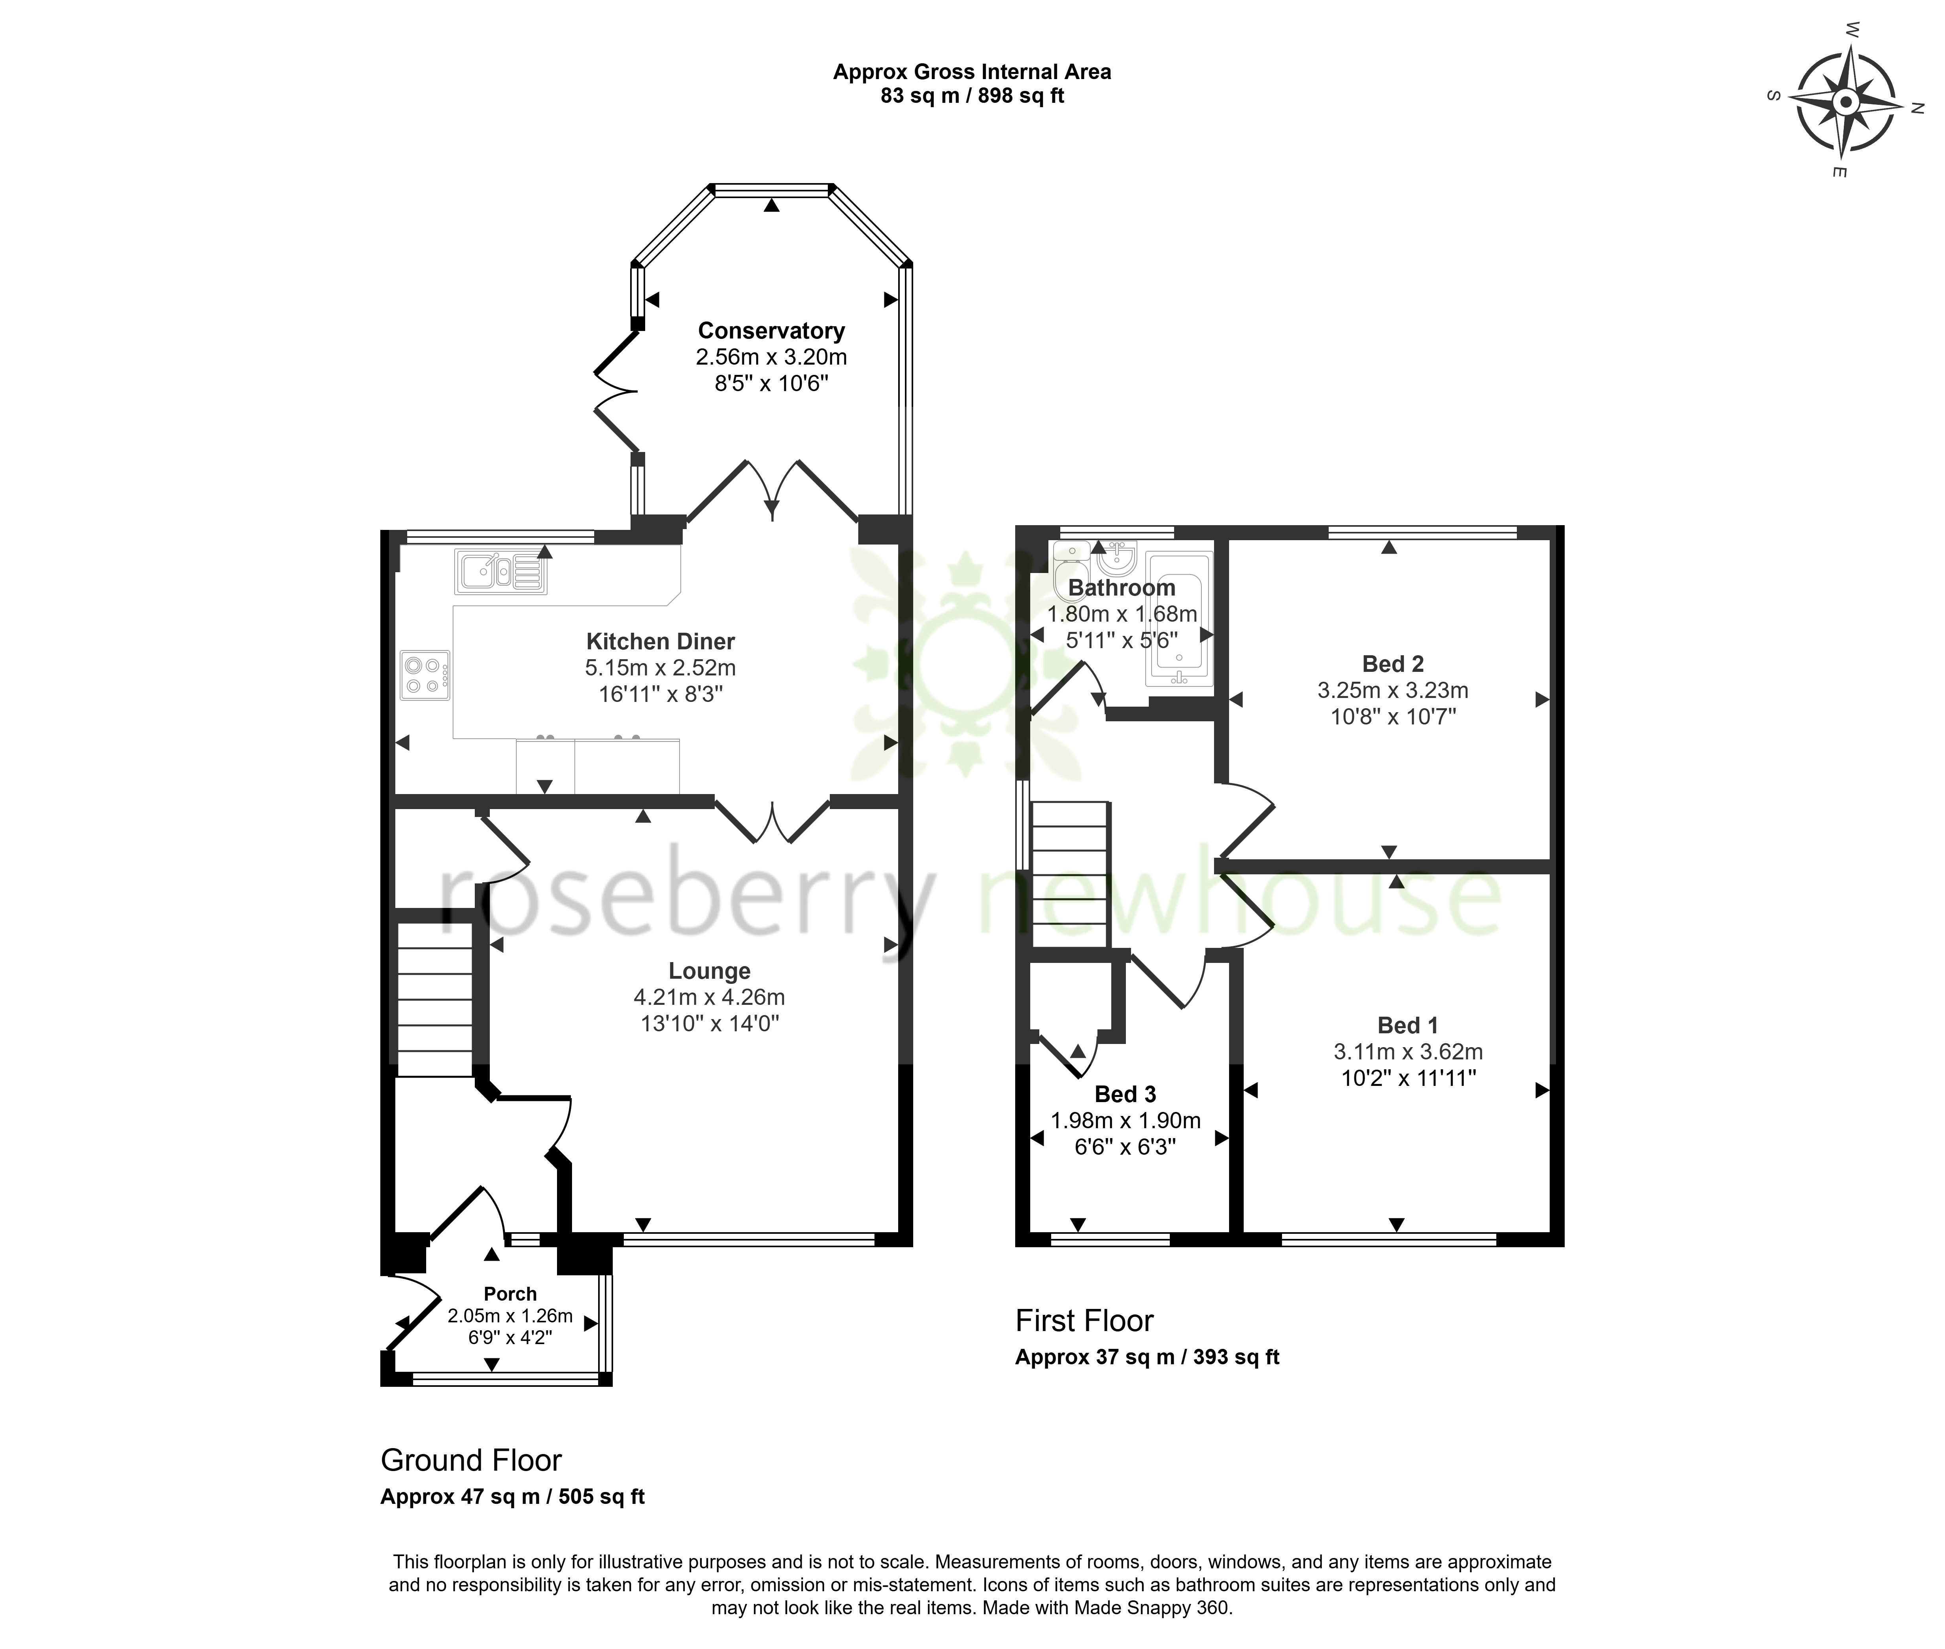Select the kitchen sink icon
[x=501, y=571]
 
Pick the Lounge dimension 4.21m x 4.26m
[x=709, y=997]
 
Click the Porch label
[x=510, y=1294]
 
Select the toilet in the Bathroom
[x=1069, y=570]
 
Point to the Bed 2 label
[x=1393, y=664]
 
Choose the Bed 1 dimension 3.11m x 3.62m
[x=1408, y=1051]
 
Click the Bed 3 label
[x=1125, y=1094]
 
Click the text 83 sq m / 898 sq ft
[x=972, y=95]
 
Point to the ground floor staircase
[x=434, y=998]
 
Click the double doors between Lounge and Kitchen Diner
[x=772, y=820]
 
